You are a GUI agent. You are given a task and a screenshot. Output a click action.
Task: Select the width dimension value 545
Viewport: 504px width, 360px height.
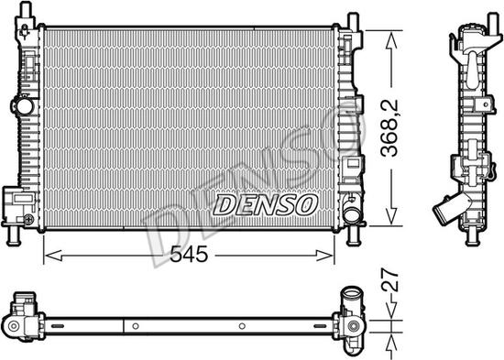[x=190, y=256]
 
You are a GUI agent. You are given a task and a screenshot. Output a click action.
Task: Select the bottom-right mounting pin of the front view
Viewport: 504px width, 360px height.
[x=352, y=237]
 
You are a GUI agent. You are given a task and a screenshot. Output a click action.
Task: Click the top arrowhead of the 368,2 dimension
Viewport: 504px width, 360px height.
[x=392, y=36]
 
